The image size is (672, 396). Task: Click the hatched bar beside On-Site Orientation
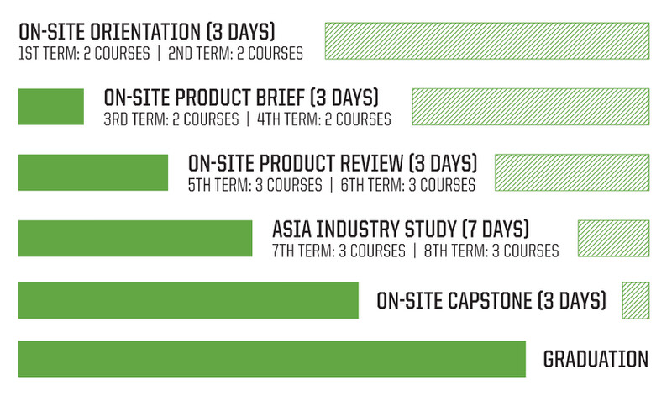(487, 40)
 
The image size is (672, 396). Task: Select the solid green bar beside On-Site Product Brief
(51, 107)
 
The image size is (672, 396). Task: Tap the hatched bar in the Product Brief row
(531, 107)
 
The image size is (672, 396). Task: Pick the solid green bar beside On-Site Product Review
(93, 172)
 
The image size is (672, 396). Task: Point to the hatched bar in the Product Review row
(572, 172)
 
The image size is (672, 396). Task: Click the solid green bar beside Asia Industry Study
(135, 239)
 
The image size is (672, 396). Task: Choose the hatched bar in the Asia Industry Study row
(614, 239)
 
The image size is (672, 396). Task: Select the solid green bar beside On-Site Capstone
(188, 300)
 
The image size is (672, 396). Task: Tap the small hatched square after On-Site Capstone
(636, 300)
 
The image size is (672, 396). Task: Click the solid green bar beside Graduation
(272, 359)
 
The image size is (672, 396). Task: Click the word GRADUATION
(596, 359)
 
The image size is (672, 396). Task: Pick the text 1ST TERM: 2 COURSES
(85, 54)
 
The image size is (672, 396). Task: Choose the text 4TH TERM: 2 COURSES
(324, 119)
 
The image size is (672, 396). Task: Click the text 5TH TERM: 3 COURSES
(255, 185)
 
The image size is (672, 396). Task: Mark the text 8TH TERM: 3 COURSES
(491, 251)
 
